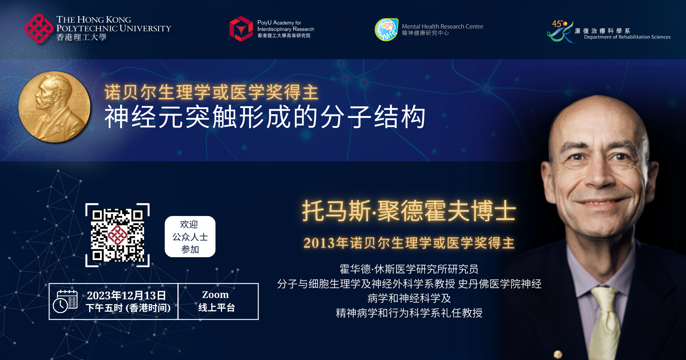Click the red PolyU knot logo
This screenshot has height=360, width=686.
pos(39,28)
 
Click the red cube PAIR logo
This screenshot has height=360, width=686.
pos(241,28)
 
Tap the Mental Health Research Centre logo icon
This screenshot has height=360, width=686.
pos(387,29)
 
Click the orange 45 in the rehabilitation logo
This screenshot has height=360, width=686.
pos(557,24)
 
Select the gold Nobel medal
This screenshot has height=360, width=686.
pos(55,107)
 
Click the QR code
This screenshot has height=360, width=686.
pos(117,235)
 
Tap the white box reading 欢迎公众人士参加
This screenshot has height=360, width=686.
pos(190,237)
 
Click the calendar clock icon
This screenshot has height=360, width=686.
pos(65,301)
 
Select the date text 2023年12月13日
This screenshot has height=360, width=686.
pos(126,295)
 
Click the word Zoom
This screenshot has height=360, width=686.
pos(215,295)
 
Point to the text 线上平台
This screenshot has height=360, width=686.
pos(216,308)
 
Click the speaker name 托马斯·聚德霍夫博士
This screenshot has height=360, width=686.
pos(409,211)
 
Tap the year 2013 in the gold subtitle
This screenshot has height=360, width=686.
pos(319,243)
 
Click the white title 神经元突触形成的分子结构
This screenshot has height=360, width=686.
pos(265,117)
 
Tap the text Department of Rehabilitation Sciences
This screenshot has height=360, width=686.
pos(627,37)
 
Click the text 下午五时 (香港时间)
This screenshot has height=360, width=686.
pos(128,308)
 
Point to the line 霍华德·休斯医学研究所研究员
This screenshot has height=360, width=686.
pos(409,269)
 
